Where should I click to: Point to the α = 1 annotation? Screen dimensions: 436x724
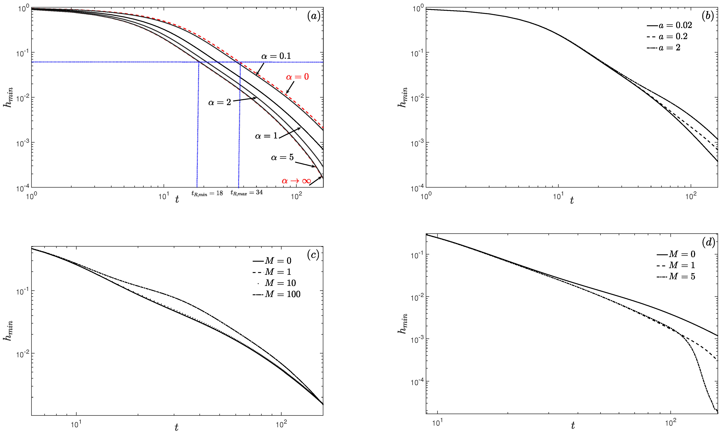(266, 136)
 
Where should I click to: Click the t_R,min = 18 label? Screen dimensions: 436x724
(207, 193)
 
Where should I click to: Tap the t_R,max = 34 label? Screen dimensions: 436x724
(246, 193)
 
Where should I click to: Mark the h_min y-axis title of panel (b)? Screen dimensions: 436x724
(403, 97)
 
